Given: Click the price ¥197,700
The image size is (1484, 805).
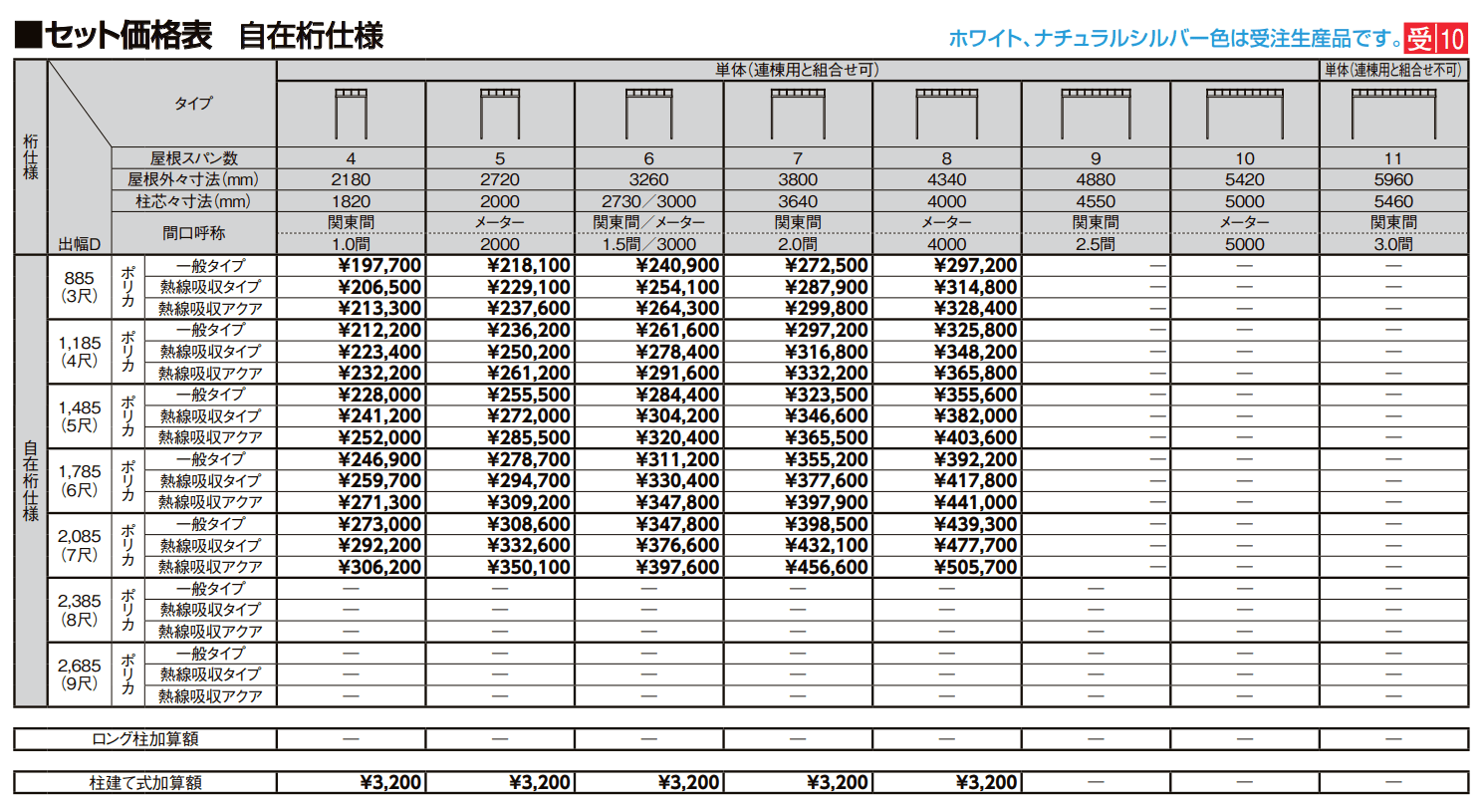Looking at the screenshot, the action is tap(379, 265).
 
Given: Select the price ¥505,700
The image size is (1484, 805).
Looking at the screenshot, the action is tap(976, 567).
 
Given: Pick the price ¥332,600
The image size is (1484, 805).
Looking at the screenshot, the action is tap(529, 545).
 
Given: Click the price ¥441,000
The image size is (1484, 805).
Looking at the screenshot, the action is tap(976, 502).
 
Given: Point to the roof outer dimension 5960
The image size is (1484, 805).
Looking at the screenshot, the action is tap(1392, 180).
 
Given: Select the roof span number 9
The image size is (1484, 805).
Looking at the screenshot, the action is tap(1096, 158).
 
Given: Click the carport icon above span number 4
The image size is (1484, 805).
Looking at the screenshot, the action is tap(351, 114).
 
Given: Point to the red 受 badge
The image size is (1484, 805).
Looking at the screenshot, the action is tap(1420, 39).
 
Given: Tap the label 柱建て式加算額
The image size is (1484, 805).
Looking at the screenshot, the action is tap(145, 783).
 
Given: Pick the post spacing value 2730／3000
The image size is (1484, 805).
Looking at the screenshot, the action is tap(648, 201).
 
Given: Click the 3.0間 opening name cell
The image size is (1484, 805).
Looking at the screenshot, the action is tap(1392, 244).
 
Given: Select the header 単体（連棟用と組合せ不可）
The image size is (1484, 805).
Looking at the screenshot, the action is tap(1392, 70).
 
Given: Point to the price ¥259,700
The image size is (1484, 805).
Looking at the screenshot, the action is tap(379, 481).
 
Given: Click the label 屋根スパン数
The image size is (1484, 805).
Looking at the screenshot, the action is tap(194, 158).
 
